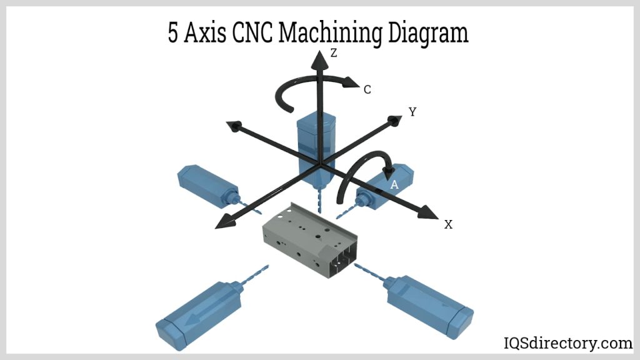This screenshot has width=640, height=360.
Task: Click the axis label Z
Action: [x=334, y=53]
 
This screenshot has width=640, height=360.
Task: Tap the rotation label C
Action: [x=367, y=90]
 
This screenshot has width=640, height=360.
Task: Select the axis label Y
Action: [x=412, y=112]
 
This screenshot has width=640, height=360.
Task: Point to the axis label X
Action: [x=448, y=224]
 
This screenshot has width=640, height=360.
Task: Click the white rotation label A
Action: [x=394, y=185]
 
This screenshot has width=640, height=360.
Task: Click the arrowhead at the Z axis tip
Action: [x=319, y=60]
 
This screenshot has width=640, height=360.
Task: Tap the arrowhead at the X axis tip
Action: [x=429, y=212]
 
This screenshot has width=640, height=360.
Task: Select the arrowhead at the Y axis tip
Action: [x=394, y=120]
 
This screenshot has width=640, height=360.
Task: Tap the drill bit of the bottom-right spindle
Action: [x=369, y=272]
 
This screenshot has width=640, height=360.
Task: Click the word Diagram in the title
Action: [x=427, y=32]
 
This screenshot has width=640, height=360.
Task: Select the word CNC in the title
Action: [x=252, y=32]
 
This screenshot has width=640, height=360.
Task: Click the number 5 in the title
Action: [x=173, y=32]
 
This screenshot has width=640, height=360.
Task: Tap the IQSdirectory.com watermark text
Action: [x=568, y=343]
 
